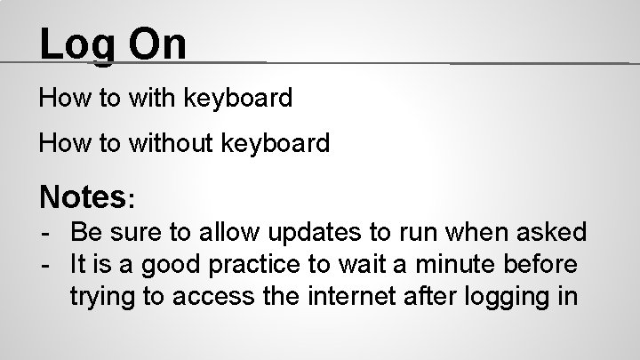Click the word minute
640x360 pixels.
coord(457,264)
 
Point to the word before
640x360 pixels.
coord(545,264)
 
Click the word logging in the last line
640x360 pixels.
coord(516,297)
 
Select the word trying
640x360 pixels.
coord(105,297)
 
